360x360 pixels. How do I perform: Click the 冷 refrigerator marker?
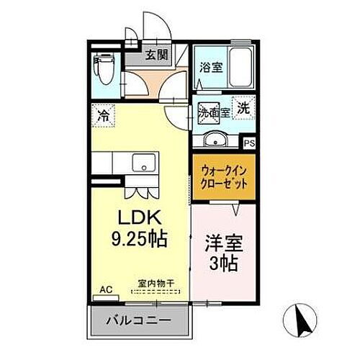tap(104, 114)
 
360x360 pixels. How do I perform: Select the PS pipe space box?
tap(249, 143)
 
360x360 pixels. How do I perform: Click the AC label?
tap(106, 290)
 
